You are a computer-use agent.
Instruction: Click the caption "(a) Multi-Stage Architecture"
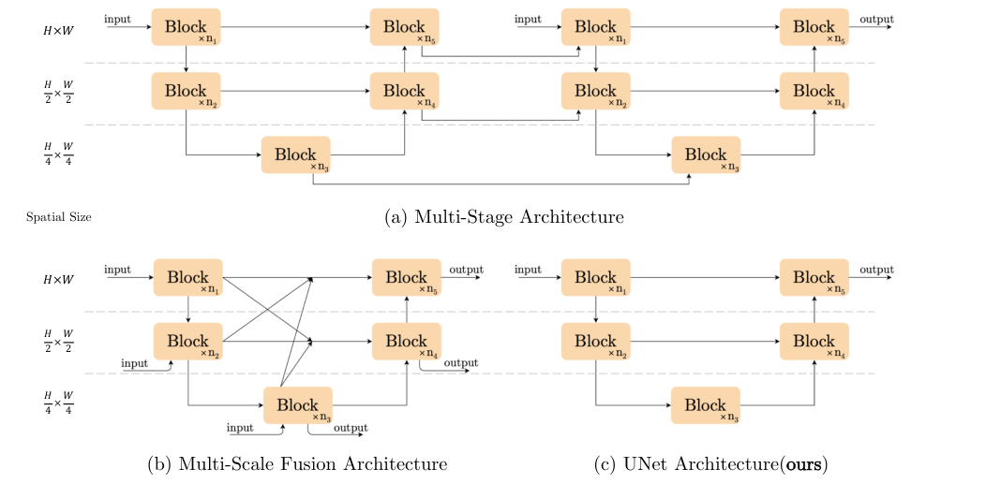(x=504, y=217)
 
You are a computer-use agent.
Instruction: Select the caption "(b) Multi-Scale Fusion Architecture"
(x=297, y=463)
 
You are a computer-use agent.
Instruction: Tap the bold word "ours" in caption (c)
(x=804, y=463)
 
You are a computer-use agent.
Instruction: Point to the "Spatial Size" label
(x=59, y=217)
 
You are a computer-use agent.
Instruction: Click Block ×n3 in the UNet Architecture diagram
(x=705, y=405)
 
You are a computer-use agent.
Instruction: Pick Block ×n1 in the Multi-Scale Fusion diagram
(x=187, y=278)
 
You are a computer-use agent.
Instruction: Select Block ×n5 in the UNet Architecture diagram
(x=814, y=278)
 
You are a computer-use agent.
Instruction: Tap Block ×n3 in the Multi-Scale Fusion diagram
(x=298, y=405)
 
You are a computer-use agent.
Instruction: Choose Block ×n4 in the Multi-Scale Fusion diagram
(x=406, y=342)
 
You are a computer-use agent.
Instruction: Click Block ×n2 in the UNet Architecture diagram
(x=595, y=342)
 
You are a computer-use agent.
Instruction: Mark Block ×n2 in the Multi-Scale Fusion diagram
(x=187, y=342)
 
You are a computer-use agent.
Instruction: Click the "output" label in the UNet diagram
(x=876, y=270)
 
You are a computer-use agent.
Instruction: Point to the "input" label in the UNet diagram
(x=528, y=270)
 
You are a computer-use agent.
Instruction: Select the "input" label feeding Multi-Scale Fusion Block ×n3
(x=241, y=428)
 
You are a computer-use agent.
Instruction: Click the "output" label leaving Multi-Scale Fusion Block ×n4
(x=460, y=363)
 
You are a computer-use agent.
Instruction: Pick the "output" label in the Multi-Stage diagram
(x=876, y=19)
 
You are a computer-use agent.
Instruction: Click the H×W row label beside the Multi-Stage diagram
(x=59, y=30)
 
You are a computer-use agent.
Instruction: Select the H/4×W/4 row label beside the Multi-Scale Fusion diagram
(x=59, y=404)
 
